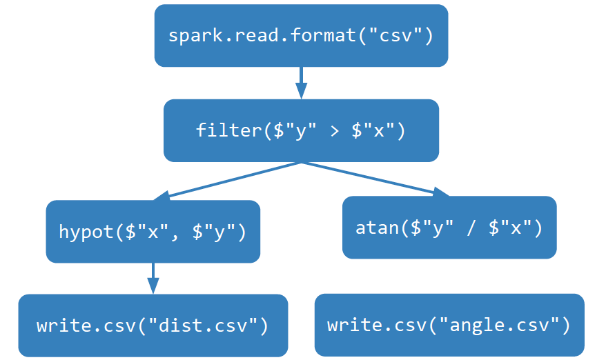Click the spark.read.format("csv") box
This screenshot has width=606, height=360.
pyautogui.click(x=301, y=36)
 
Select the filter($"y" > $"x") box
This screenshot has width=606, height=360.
pyautogui.click(x=301, y=130)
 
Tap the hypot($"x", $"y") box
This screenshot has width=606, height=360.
pyautogui.click(x=153, y=232)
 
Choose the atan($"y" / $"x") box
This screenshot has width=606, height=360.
pyautogui.click(x=449, y=228)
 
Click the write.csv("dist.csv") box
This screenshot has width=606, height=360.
pyautogui.click(x=153, y=326)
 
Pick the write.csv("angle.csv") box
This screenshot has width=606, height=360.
pyautogui.click(x=449, y=326)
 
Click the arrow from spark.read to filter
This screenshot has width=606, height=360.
pyautogui.click(x=301, y=82)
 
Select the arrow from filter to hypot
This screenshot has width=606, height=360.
pyautogui.click(x=228, y=181)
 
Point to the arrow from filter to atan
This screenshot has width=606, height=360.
pyautogui.click(x=376, y=180)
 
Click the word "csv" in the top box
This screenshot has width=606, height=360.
pyautogui.click(x=395, y=36)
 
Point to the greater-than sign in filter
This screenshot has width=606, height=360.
pyautogui.click(x=334, y=130)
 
